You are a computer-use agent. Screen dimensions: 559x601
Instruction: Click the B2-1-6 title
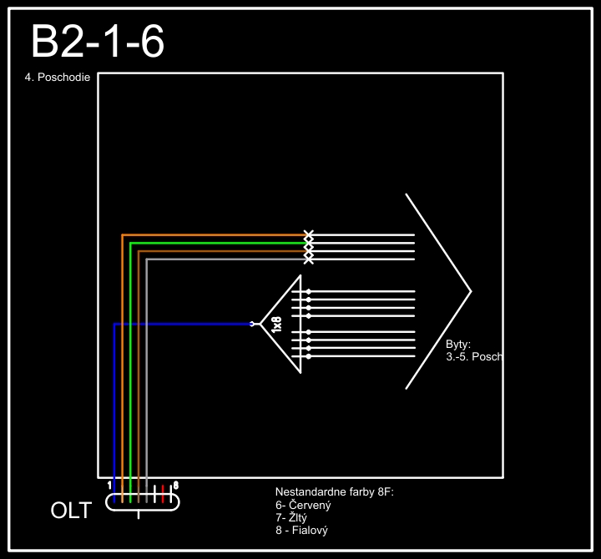[x=97, y=42]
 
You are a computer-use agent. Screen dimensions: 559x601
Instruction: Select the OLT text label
[x=72, y=511]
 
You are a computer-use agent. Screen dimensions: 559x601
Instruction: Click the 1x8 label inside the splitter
[x=277, y=325]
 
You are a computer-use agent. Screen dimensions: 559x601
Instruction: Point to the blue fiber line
[x=114, y=392]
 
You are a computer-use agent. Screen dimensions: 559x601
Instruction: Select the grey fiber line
[x=147, y=367]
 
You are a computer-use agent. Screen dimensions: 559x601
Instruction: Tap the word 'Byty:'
[x=459, y=344]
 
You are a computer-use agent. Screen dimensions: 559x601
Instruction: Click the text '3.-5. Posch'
[x=474, y=356]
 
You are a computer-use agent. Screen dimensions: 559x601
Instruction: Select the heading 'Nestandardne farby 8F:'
[x=334, y=492]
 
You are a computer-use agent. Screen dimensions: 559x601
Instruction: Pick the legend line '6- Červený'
[x=303, y=505]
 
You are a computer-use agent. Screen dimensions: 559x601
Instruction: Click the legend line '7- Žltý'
[x=294, y=517]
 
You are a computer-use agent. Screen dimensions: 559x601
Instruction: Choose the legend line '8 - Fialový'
[x=301, y=530]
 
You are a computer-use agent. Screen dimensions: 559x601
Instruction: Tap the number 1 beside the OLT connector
[x=110, y=485]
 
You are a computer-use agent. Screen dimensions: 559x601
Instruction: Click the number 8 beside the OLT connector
[x=175, y=485]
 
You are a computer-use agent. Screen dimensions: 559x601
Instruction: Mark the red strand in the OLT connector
[x=163, y=495]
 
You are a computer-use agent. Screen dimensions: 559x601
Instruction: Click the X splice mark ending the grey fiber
[x=309, y=259]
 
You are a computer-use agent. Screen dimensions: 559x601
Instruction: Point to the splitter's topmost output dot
[x=309, y=291]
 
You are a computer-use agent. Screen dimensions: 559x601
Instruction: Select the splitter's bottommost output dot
[x=309, y=356]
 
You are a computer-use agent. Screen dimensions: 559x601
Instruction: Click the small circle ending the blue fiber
[x=252, y=324]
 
